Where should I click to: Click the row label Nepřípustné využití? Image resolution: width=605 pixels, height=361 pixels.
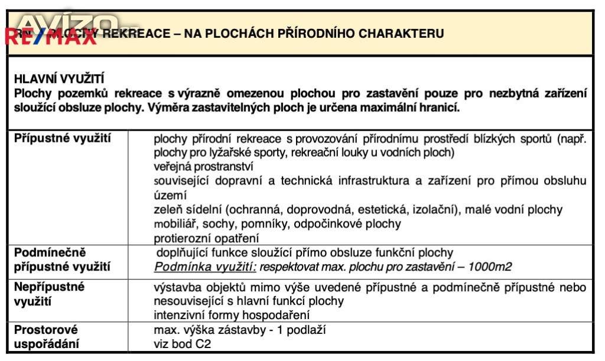[50, 294]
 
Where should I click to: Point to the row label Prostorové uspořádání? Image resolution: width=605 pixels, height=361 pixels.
[47, 337]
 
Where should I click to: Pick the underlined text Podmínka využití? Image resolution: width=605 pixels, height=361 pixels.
[205, 267]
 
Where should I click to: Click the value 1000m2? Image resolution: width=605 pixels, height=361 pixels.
[490, 267]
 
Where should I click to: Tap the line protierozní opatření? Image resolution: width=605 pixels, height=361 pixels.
[206, 239]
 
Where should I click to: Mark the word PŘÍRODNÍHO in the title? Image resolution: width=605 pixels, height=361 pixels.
[304, 34]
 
